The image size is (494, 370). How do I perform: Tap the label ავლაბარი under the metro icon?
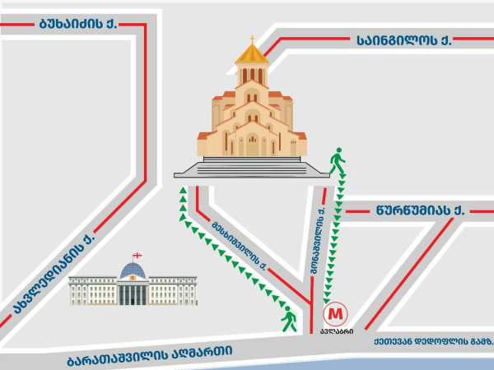click(x=338, y=332)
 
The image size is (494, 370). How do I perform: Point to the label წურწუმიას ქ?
click(x=418, y=210)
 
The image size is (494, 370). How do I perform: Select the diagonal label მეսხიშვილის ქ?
click(x=240, y=243)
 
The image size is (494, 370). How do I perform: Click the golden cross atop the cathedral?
click(x=252, y=39)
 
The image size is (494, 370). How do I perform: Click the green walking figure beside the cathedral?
click(x=336, y=160)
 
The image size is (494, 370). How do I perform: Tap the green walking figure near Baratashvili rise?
click(x=288, y=317)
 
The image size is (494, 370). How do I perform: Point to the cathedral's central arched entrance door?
click(x=252, y=146)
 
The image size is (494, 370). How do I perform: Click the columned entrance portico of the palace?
click(x=133, y=292)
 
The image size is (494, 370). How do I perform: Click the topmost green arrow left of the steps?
click(x=182, y=191)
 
